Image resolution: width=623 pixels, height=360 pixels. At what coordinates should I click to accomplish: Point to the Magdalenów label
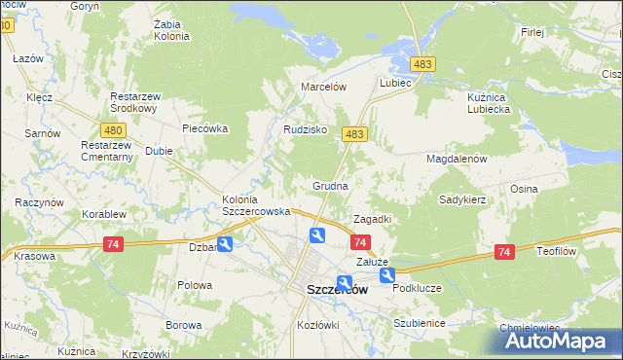[456, 158]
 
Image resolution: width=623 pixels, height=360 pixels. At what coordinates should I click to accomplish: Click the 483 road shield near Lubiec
[421, 63]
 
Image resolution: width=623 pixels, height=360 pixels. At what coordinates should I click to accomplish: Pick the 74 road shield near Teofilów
[503, 252]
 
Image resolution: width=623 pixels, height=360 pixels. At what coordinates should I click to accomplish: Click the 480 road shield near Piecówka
[113, 129]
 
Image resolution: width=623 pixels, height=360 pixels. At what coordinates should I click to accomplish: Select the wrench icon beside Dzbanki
[225, 244]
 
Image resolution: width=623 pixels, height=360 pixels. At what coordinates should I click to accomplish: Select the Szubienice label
[419, 323]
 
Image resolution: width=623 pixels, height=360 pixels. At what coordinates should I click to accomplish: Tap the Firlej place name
[531, 32]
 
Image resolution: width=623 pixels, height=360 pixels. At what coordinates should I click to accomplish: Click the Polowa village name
[195, 285]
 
